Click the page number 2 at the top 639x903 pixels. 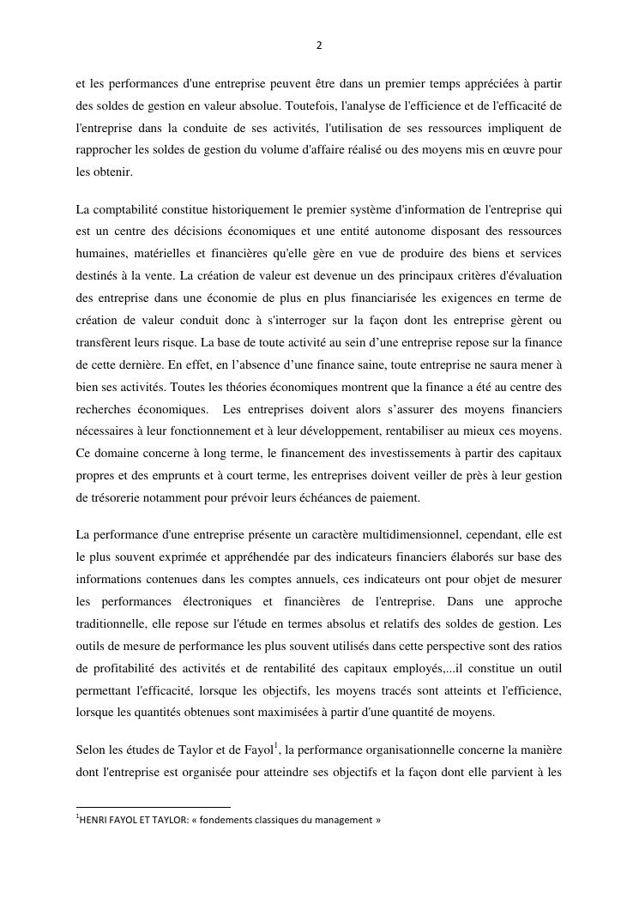[319, 46]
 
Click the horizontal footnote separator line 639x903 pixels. [154, 807]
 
